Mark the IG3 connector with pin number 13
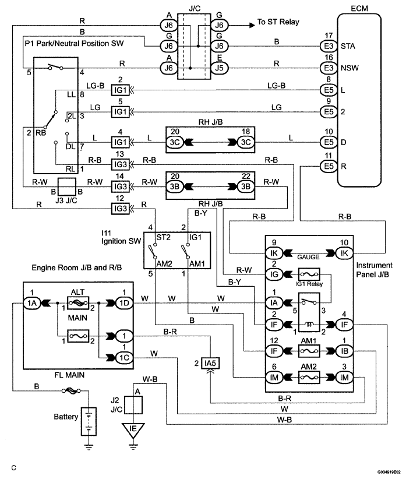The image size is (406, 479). click(119, 163)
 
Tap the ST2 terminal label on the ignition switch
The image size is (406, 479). click(161, 237)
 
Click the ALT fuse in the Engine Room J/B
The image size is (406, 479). click(77, 302)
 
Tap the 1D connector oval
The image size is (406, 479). click(122, 302)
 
